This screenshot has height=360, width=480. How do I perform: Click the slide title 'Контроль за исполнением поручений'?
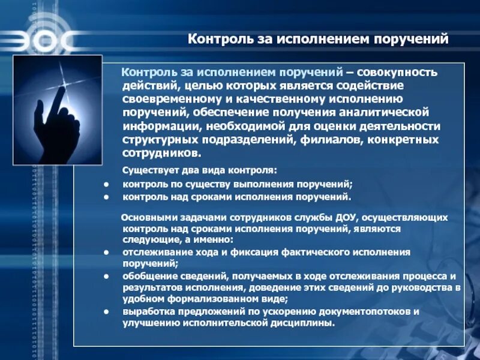[319, 40]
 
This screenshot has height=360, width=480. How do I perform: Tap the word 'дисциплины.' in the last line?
[307, 323]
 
